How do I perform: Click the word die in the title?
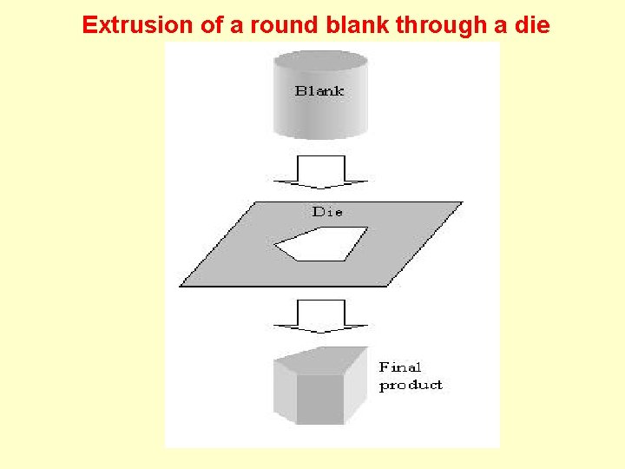pos(531,25)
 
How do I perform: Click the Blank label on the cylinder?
pos(319,90)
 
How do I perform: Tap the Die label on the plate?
pos(327,211)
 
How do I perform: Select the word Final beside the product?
pos(399,367)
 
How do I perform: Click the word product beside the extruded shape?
pos(411,385)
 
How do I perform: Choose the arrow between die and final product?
pos(320,316)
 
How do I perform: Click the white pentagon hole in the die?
pos(326,243)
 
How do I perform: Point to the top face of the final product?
pos(323,360)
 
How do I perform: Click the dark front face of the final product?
pos(322,399)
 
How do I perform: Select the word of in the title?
pos(210,25)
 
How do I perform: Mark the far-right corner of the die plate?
pos(460,203)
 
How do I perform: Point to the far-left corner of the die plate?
pos(181,285)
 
